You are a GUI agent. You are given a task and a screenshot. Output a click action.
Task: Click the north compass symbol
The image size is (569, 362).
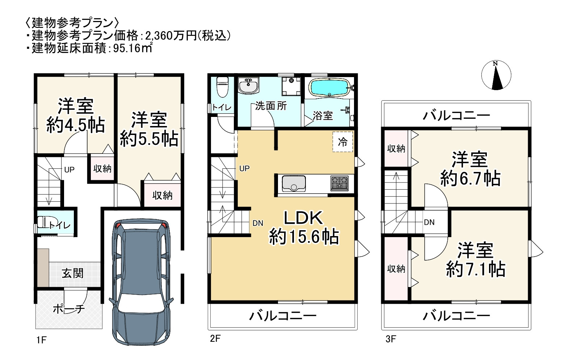(x=496, y=76)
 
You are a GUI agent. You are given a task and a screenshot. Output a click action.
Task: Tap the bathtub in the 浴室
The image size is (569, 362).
(x=329, y=87)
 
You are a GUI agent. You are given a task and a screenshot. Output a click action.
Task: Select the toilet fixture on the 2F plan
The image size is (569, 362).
(x=222, y=88)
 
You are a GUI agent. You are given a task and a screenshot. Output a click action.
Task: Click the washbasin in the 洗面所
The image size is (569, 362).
(x=248, y=86)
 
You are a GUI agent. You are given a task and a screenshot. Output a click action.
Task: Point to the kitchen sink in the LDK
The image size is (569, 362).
(x=294, y=183)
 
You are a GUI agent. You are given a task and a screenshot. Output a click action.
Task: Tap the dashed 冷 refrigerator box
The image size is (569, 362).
(x=342, y=142)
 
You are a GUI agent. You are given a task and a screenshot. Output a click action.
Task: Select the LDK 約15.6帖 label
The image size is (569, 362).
(x=303, y=228)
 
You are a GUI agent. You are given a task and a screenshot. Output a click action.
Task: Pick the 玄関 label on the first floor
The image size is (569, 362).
(x=72, y=273)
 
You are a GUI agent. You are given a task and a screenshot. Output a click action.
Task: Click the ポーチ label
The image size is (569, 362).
(x=69, y=309)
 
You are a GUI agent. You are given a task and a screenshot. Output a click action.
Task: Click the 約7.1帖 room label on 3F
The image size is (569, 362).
(x=475, y=260)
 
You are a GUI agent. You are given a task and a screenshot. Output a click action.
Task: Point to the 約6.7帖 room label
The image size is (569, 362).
(x=470, y=169)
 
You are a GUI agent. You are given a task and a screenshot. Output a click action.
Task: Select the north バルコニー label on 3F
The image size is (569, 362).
(x=456, y=115)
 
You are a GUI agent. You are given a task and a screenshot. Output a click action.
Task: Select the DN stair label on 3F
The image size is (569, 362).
(x=429, y=222)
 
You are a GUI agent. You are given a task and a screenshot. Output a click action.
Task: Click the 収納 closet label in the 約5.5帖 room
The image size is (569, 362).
(x=162, y=196)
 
